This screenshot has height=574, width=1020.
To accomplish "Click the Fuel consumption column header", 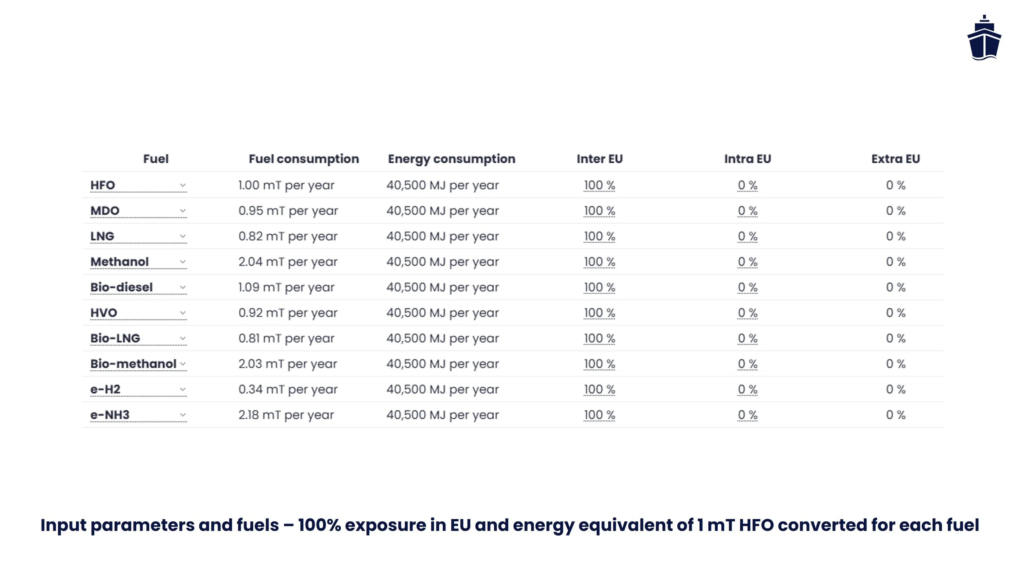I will [304, 159].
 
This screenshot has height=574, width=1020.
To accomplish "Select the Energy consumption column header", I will [451, 159].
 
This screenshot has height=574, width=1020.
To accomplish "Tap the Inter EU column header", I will [599, 159].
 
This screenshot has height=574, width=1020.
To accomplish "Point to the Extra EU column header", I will [895, 159].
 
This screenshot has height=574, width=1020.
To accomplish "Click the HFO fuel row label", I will [103, 185].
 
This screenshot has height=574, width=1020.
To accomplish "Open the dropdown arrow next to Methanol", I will [183, 262].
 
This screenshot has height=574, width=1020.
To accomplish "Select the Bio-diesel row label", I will [122, 287].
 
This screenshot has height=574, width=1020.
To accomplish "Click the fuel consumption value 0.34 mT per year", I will [288, 389].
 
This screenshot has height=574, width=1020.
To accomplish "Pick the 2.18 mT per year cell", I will [286, 415].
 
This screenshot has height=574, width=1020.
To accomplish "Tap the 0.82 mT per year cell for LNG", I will [288, 236].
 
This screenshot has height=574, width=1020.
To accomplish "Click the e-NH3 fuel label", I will [110, 415].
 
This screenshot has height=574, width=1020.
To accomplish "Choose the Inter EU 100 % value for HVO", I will [599, 313].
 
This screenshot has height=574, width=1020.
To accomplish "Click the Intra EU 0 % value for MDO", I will [747, 211].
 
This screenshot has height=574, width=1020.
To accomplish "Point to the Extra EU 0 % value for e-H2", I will [895, 389].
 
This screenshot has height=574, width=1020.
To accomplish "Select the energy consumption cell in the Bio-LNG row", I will [442, 338].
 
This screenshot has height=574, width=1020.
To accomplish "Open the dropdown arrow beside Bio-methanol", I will [183, 364].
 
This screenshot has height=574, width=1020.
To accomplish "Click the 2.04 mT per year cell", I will [288, 262].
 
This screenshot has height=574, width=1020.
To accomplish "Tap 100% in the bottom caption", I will [319, 525].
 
